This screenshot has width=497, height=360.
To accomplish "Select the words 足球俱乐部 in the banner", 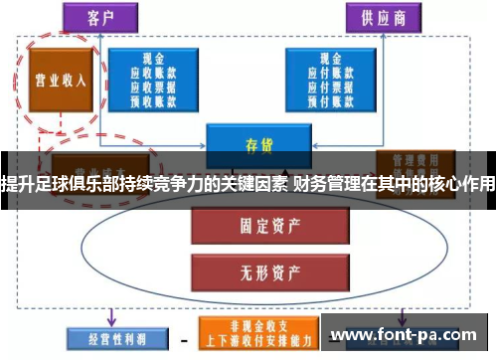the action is point(72,183).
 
